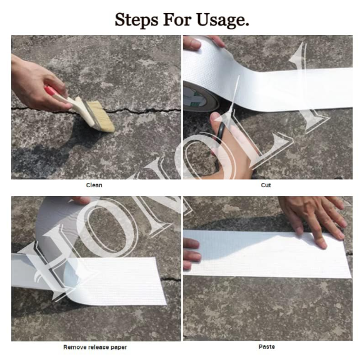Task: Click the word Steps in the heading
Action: [x=136, y=20]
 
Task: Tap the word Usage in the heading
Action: [x=223, y=21]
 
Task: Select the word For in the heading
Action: [x=177, y=19]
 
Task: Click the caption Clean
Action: [x=94, y=185]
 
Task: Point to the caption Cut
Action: [x=266, y=185]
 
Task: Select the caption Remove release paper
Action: [x=95, y=347]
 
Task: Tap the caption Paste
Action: [x=267, y=347]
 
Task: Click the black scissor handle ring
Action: [x=221, y=132]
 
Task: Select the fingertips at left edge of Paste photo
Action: [x=191, y=254]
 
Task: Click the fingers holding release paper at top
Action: [x=81, y=200]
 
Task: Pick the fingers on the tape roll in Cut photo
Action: [x=204, y=42]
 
